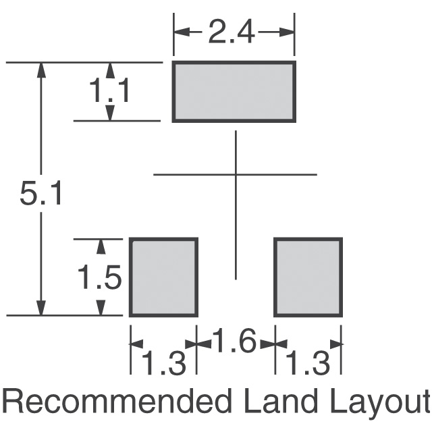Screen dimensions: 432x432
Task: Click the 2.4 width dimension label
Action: tap(232, 32)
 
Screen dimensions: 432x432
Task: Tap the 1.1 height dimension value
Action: tap(109, 90)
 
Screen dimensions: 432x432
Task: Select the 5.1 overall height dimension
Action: tap(40, 193)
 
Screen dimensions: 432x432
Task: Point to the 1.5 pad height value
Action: tap(99, 277)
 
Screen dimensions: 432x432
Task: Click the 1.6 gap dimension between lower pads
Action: tap(234, 340)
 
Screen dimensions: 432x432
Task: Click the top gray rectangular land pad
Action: tap(234, 92)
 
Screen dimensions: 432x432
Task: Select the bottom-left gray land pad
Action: tap(163, 277)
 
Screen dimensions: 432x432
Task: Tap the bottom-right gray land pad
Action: tap(308, 277)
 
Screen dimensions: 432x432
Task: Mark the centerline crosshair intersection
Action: tap(236, 174)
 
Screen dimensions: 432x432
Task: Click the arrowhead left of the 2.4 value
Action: tap(182, 32)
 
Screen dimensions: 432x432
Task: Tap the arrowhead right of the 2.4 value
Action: tap(286, 32)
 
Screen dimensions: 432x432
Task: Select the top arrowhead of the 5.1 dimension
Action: tap(41, 70)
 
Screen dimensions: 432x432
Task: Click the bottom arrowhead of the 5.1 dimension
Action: tap(41, 307)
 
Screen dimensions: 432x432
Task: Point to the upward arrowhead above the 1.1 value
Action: tap(110, 70)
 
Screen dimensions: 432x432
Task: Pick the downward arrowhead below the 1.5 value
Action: tap(101, 307)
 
